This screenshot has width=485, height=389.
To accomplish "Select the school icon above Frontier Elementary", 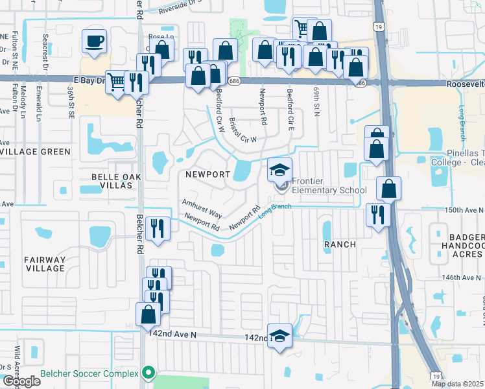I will click(280, 171).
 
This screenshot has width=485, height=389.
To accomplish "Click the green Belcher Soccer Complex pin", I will click(148, 373).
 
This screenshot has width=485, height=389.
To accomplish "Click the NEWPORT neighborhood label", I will click(207, 174).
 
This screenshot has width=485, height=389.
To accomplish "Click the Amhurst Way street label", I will click(202, 209).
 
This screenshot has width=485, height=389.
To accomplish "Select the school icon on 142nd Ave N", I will click(279, 336).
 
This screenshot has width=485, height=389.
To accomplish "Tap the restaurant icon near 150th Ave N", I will click(377, 214).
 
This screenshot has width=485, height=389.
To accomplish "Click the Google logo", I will click(21, 381).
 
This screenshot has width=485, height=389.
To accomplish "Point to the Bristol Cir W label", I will click(243, 130).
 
